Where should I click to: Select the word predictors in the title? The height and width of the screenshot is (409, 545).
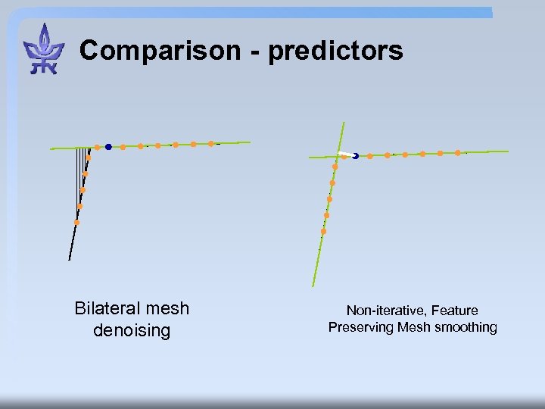pos(335,52)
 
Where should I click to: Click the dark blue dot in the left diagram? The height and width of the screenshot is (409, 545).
pos(108,146)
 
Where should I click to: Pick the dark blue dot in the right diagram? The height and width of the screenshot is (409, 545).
pos(355,156)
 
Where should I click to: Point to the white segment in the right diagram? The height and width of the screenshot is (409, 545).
pos(346,155)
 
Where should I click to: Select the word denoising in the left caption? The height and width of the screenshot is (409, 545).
pos(132,330)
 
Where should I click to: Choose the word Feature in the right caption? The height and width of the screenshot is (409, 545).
pos(454,311)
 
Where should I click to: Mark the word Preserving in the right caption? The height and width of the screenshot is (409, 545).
pos(360,327)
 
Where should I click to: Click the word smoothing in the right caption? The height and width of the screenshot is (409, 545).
pos(466,327)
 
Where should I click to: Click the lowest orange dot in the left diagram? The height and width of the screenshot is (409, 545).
pos(76,222)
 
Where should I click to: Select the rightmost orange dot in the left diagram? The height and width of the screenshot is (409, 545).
pos(210,143)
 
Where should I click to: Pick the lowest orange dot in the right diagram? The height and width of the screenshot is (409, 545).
pos(323,231)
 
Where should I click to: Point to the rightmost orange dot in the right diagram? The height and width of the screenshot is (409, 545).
pos(457,152)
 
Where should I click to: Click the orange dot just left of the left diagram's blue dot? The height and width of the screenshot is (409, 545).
pos(97,147)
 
